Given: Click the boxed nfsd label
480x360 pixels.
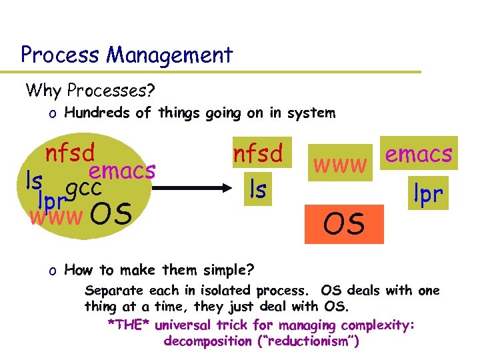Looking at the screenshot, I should (x=257, y=154).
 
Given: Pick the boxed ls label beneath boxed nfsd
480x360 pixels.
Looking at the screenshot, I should (x=257, y=189).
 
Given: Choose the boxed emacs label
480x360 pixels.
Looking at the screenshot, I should (x=419, y=154).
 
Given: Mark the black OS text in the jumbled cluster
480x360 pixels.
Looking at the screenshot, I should (x=110, y=214).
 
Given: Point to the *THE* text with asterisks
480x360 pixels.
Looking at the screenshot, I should (x=128, y=325).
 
